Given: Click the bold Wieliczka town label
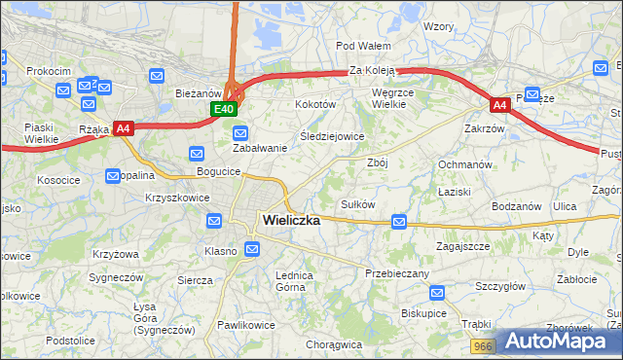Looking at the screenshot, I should point(291,221).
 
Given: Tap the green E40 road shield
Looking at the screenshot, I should point(223,109).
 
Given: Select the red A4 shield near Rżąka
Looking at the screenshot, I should point(123,127).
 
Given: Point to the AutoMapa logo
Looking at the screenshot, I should point(561,342).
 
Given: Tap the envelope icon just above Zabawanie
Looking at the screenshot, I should point(241,132).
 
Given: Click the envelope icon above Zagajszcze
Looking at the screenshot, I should point(399,223).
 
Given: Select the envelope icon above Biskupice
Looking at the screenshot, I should point(438,292).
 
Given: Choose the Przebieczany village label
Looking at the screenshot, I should point(397,274).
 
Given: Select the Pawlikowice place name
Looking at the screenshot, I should point(245,325).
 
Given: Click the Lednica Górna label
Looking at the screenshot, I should point(295,281).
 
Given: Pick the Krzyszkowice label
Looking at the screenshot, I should point(177,197).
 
